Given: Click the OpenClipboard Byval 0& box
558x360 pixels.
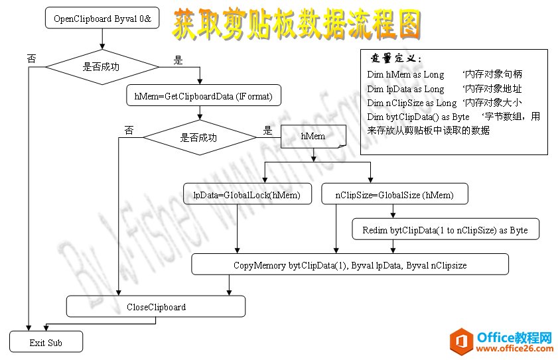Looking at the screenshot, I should pos(102,19).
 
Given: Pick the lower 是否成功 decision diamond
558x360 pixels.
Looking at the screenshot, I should pos(199,138).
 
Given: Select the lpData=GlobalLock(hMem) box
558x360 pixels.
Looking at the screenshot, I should pos(247,195).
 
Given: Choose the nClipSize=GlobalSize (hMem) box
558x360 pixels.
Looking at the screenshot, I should pos(395,195).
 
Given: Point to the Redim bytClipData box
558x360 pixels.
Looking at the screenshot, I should pos(445,230).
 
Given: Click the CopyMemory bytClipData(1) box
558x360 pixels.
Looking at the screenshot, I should pos(350,265).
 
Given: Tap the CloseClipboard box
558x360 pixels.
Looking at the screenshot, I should pos(156,307).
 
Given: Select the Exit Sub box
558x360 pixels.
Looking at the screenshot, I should pos(46,343).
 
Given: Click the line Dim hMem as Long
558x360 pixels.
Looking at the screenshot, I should pos(405,74).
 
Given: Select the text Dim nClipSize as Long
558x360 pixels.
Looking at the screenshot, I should pos(411,103).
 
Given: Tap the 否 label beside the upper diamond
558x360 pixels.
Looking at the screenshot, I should pos(31,58).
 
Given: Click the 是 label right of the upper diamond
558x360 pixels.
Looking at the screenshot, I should pos(177,60).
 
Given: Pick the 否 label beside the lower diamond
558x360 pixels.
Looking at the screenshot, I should pos(128,131).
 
